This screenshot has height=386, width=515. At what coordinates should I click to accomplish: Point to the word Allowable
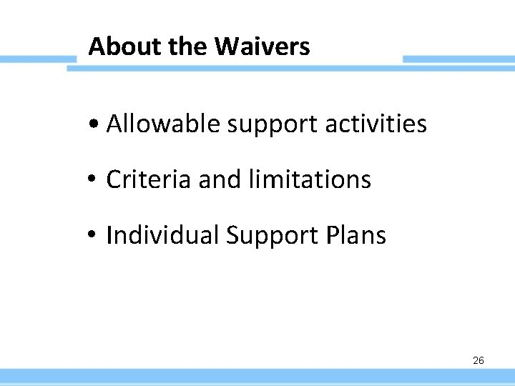coord(163,124)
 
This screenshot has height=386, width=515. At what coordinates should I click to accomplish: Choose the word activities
coord(376,124)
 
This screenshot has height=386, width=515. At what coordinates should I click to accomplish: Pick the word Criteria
coord(149,179)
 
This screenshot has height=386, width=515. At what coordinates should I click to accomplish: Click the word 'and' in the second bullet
coord(220,179)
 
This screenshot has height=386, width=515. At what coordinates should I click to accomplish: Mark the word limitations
coord(310,179)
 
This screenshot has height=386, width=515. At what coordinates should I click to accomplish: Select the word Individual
coord(162,235)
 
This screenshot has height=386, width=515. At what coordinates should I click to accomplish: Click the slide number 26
coord(478,360)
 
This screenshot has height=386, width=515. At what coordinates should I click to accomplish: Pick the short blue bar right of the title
coord(458,59)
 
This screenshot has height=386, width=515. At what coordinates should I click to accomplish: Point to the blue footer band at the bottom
coord(257,377)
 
